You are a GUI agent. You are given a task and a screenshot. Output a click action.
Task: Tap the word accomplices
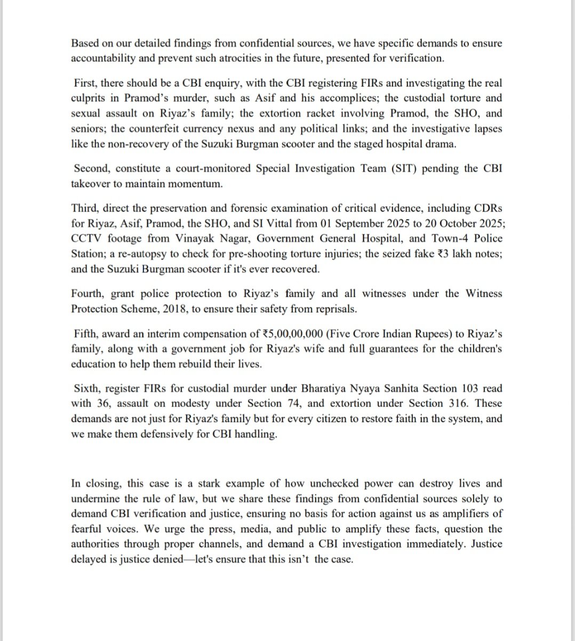[335, 98]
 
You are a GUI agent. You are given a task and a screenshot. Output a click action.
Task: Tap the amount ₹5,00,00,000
[291, 334]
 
